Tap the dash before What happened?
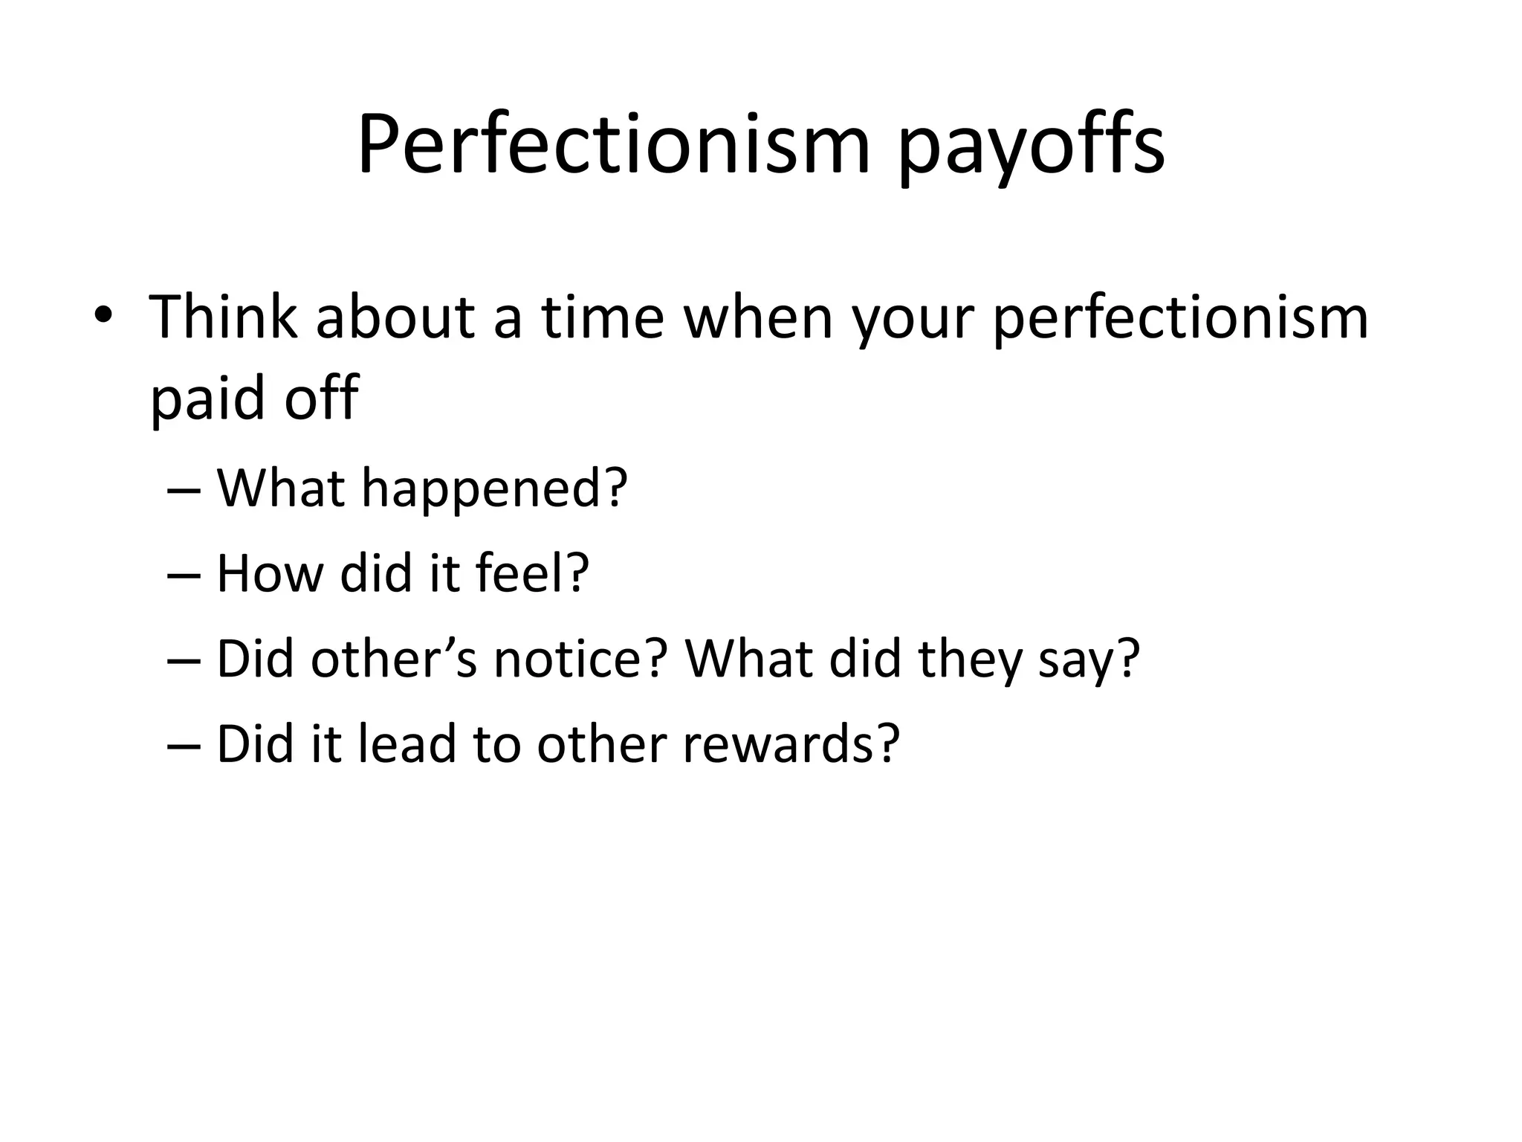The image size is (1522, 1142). (x=184, y=491)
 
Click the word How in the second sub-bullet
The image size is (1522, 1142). (x=271, y=574)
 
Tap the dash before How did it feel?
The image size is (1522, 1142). (x=184, y=576)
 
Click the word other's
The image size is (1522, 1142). (x=394, y=659)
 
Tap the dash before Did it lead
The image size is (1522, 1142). (x=184, y=746)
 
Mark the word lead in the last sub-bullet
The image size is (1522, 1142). (x=407, y=743)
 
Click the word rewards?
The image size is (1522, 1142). (x=791, y=743)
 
